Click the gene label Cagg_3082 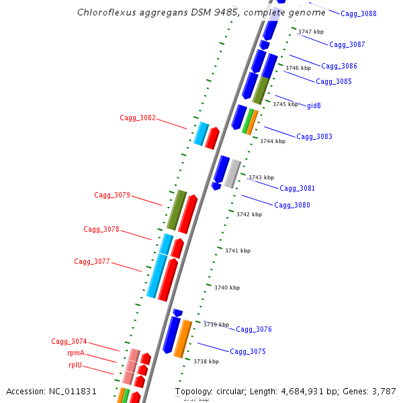coord(138,118)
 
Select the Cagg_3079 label coord(112,195)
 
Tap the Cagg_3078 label coord(101,230)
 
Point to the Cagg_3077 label coord(92,262)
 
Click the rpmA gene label coord(76,353)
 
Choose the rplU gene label coord(76,365)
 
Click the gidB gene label coord(314,106)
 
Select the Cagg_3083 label coord(314,137)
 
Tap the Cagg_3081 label coord(297,189)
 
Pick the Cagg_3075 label coord(248,352)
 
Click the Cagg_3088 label coord(359,14)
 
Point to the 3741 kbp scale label coord(238,251)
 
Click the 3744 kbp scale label coord(273,141)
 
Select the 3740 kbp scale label coord(227,287)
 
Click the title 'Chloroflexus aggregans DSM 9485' coord(159,12)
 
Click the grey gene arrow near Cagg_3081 coord(232,173)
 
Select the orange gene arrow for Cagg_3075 coord(183,339)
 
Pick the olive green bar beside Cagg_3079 coord(177,210)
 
